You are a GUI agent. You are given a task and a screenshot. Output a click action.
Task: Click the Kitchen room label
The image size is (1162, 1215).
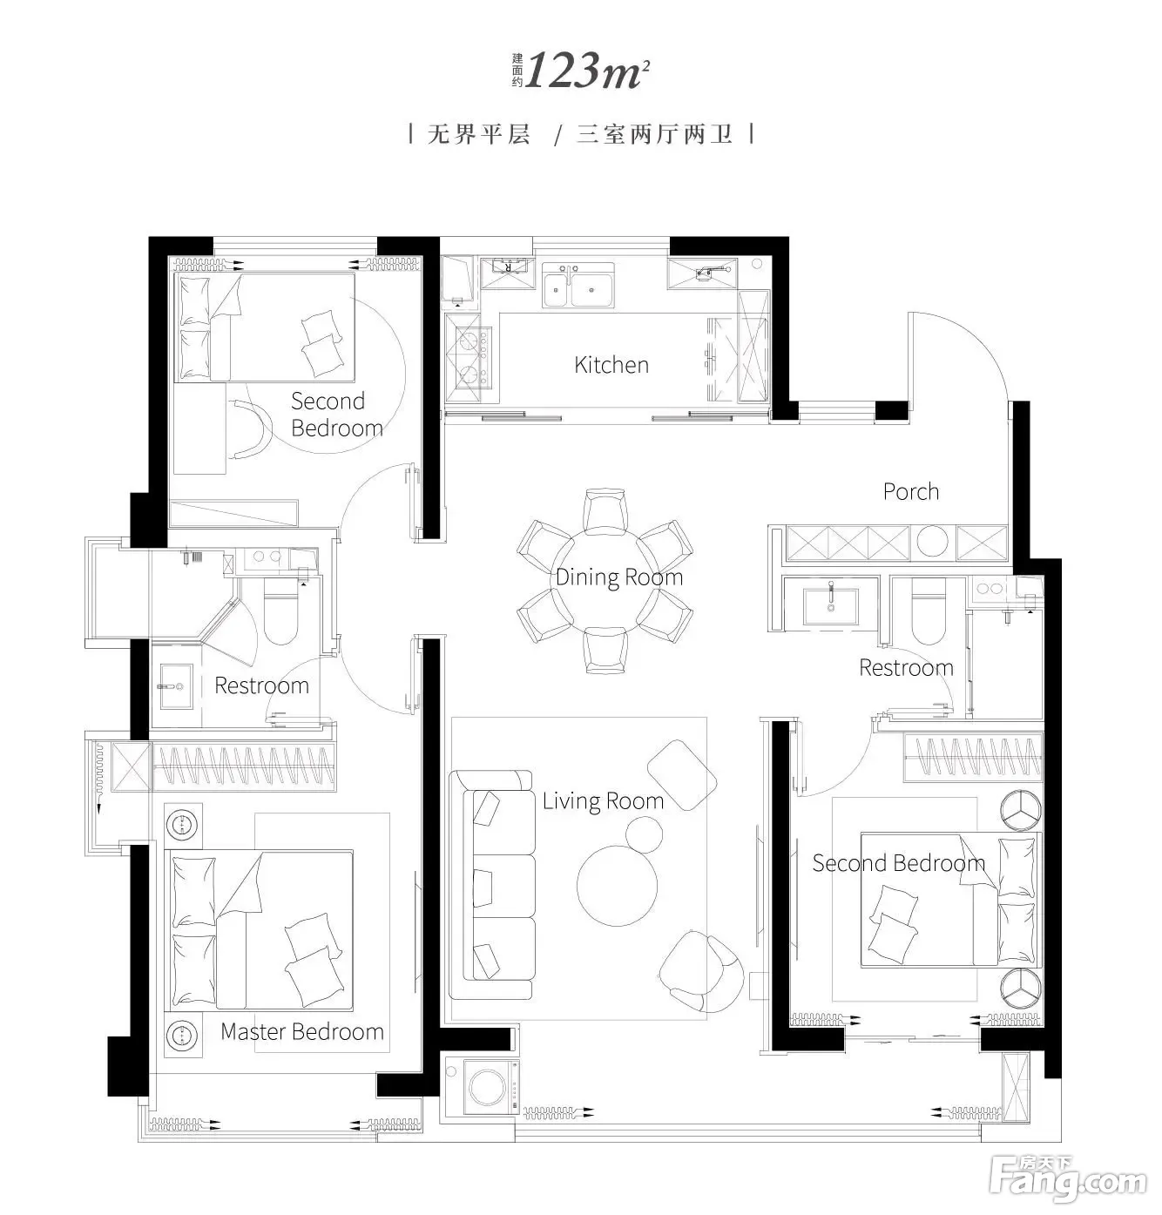coord(611,365)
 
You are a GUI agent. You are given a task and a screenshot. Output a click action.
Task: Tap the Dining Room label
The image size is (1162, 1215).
coord(618,577)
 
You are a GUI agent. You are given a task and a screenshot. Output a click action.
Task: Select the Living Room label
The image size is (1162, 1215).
coord(603,801)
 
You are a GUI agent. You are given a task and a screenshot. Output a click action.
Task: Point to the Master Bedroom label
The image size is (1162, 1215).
coord(302,1032)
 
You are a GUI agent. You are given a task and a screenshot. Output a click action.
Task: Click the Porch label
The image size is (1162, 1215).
coord(910,492)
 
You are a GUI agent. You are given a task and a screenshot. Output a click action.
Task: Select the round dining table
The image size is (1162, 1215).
coord(605,579)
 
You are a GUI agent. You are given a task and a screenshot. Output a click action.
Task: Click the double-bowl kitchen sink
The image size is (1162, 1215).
coord(578,286)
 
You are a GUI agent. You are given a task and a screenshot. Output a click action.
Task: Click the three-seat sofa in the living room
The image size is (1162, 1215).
coord(493,886)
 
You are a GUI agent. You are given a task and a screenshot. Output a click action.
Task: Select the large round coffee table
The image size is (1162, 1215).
coord(617,886)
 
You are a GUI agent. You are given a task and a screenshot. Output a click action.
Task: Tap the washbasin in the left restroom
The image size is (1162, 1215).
coord(176,686)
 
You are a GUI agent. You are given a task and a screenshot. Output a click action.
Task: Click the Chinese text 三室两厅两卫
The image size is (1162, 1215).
coord(655,134)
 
